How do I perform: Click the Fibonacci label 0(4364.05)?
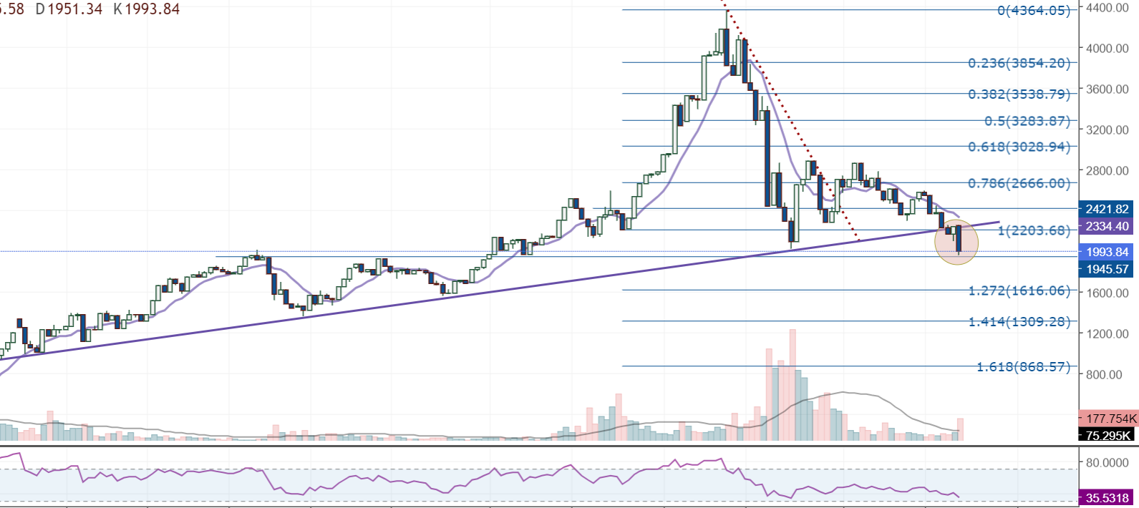pyautogui.click(x=1034, y=11)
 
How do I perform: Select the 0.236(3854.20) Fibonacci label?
pyautogui.click(x=1019, y=64)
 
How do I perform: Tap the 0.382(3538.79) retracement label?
pyautogui.click(x=1019, y=94)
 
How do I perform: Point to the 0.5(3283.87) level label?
pyautogui.click(x=1027, y=122)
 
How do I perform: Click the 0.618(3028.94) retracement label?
pyautogui.click(x=1019, y=147)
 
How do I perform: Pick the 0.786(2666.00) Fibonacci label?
pyautogui.click(x=1019, y=184)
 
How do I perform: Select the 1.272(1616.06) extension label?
pyautogui.click(x=1019, y=291)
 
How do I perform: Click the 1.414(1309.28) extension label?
pyautogui.click(x=1019, y=322)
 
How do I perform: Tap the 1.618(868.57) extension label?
pyautogui.click(x=1023, y=367)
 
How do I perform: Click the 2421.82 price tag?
pyautogui.click(x=1107, y=209)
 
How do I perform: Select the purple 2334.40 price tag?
pyautogui.click(x=1107, y=226)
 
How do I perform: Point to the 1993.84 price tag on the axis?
pyautogui.click(x=1107, y=252)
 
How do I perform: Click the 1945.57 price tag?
pyautogui.click(x=1107, y=269)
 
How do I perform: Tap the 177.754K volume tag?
pyautogui.click(x=1110, y=419)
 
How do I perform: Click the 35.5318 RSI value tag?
pyautogui.click(x=1107, y=498)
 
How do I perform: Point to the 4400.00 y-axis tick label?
pyautogui.click(x=1108, y=8)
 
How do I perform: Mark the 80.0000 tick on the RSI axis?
pyautogui.click(x=1107, y=462)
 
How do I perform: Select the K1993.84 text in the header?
pyautogui.click(x=147, y=9)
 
